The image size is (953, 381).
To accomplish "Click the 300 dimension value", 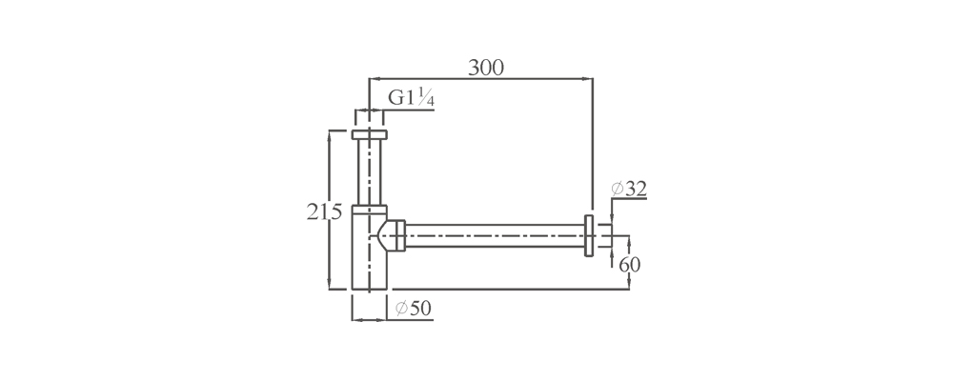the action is tap(486, 68).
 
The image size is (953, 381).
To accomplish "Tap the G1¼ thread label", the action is tap(412, 98).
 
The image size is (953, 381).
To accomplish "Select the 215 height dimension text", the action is tap(325, 212).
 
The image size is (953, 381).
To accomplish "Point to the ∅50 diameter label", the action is tap(414, 309).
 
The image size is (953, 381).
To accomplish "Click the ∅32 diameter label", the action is tap(628, 189).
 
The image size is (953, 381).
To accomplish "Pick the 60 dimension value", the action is tap(630, 265).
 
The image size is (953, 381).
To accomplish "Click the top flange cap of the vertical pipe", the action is tap(370, 135).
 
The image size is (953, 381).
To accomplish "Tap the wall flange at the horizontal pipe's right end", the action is tap(589, 236).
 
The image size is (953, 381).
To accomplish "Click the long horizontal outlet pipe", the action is tap(495, 236).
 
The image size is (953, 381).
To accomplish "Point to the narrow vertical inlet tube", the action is tap(370, 172).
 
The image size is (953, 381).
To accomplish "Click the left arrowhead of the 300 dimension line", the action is tap(374, 78).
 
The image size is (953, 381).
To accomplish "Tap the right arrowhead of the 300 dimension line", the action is tap(588, 78).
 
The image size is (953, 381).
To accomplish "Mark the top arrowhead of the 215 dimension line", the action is tap(330, 135).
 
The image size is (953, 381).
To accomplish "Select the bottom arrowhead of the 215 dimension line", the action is tap(330, 285).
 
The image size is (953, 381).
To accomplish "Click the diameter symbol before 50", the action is tap(401, 309).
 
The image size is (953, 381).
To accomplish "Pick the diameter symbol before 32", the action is tap(617, 189).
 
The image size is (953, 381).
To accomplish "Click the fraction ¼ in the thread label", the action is tap(428, 98).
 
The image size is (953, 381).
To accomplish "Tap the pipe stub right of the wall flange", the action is tap(601, 236).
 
